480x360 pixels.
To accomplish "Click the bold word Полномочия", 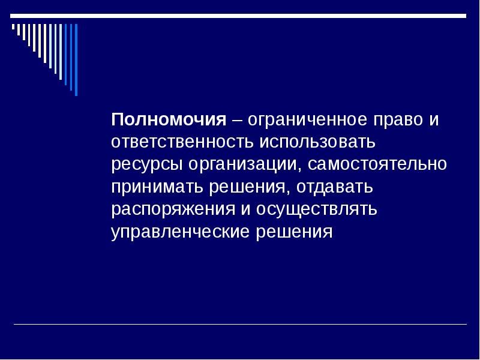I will (x=168, y=119).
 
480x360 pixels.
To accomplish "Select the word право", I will (x=400, y=119).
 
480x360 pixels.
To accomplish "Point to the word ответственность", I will (x=182, y=142).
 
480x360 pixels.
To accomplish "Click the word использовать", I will (x=317, y=142).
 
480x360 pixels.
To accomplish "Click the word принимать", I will (x=157, y=187).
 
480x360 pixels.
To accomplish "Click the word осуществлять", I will (x=317, y=209).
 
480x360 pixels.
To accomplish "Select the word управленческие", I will (x=181, y=232).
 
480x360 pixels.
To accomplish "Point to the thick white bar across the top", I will (x=240, y=17).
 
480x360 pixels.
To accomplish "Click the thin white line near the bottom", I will (x=240, y=325).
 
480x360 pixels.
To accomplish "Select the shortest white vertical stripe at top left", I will (x=13, y=27).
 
